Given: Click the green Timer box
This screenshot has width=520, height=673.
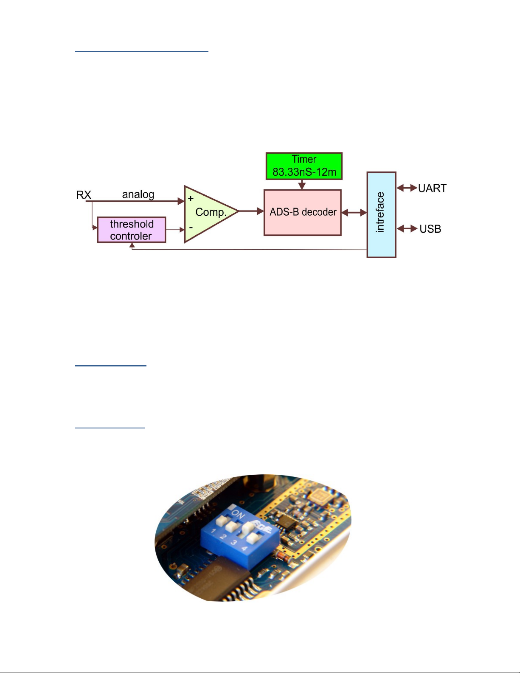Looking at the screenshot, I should tap(304, 166).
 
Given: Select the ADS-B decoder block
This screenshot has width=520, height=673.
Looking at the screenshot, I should tap(303, 212).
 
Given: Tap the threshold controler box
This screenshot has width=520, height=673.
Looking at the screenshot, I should tap(131, 230).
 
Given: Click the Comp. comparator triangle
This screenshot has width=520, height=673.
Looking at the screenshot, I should tap(208, 213).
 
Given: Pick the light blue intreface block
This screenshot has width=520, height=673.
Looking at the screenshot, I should tap(381, 214).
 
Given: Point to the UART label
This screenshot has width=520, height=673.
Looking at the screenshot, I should tap(432, 188).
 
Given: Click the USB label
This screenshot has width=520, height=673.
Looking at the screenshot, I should tap(430, 229).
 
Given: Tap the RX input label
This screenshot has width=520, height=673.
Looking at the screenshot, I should tap(84, 194).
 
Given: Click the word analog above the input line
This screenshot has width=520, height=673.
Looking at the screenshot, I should tap(138, 194).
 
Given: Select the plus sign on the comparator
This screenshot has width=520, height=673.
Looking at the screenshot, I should tap(191, 198).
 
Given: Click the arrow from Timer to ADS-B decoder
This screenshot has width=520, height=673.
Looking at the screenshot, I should tap(302, 185).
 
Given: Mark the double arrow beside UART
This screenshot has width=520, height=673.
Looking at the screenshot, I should tap(407, 188).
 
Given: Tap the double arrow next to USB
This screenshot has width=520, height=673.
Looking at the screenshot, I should tap(407, 229).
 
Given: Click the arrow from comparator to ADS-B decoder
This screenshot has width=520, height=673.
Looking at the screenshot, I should tap(251, 211).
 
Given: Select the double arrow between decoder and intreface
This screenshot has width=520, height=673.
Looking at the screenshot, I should tap(354, 212).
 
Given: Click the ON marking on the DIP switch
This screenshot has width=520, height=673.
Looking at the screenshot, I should tap(239, 515).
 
